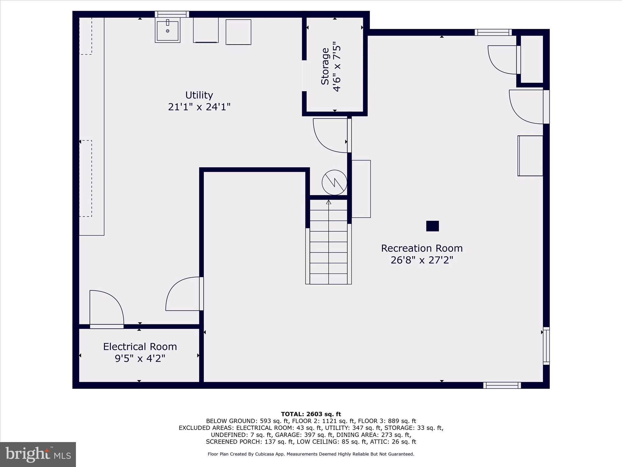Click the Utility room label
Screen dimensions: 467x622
[x=199, y=95]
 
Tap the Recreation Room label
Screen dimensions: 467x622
[x=422, y=248]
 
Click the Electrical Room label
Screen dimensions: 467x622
[x=140, y=347]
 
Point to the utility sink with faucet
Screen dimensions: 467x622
[x=167, y=30]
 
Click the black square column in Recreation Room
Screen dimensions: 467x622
[x=432, y=226]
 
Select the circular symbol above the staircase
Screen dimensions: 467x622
[x=334, y=182]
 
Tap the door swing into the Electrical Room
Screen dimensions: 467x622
[x=106, y=309]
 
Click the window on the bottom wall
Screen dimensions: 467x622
[x=502, y=385]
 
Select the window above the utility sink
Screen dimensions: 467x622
[x=172, y=14]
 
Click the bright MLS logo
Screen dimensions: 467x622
[x=38, y=454]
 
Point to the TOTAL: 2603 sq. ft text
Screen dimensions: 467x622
[x=311, y=414]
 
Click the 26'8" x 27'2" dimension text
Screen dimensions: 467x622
[x=422, y=260]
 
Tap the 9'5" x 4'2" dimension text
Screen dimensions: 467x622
[x=140, y=358]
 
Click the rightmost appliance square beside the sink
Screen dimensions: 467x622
[x=238, y=32]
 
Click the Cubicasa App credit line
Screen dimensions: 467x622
[x=311, y=454]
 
